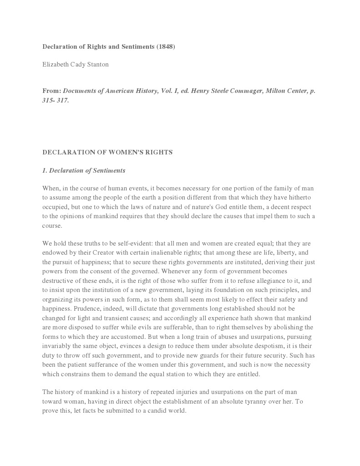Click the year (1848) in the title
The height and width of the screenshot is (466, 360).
165,47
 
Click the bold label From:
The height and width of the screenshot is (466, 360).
51,91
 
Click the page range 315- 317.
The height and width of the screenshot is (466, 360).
56,100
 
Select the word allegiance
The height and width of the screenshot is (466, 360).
268,281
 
